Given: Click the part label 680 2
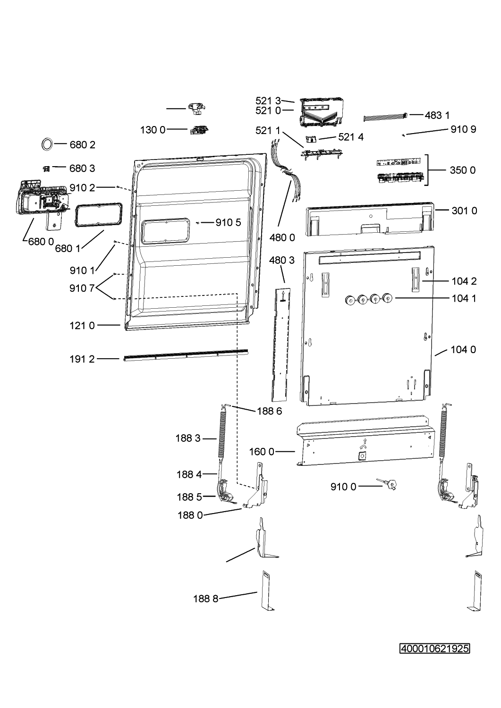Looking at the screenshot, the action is point(82,145).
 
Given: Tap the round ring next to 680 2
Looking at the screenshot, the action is point(47,144).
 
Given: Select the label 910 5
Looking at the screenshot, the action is point(229,222).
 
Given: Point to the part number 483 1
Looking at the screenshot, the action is point(437,115).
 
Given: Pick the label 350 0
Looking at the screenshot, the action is point(462,170).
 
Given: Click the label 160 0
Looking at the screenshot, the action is point(262,452).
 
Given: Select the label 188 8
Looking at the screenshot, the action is point(205,598).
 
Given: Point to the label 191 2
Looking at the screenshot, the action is point(82,359).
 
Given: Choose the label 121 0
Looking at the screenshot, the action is point(82,326).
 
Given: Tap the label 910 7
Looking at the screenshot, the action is point(82,288).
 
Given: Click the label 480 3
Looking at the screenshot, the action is point(282,260).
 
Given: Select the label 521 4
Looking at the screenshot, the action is point(351,137).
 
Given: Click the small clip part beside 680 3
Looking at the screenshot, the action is point(46,169).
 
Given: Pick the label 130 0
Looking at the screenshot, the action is point(153,130).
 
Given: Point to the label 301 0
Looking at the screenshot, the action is point(464,211).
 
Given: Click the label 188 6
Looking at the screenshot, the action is point(269,411).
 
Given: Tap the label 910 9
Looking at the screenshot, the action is point(463,129).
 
